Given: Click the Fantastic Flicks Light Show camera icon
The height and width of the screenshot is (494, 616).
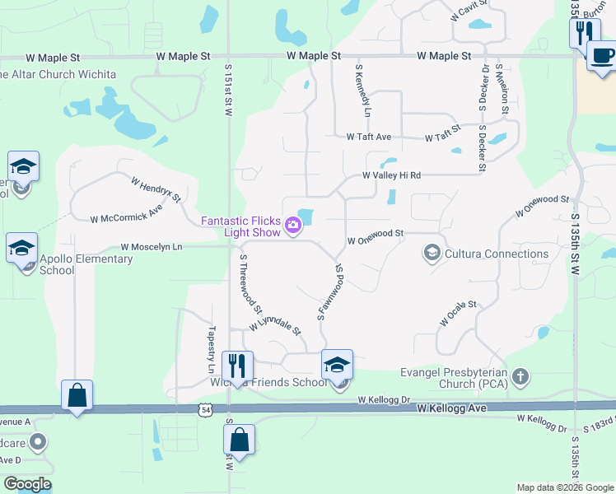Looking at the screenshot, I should [292, 225].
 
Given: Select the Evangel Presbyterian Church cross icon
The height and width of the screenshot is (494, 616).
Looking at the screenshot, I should [520, 377].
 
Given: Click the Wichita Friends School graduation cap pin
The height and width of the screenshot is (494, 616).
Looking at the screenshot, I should [337, 365].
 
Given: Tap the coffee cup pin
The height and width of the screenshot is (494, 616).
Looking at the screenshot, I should [601, 56].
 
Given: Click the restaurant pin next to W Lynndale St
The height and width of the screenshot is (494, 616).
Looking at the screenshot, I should [238, 366].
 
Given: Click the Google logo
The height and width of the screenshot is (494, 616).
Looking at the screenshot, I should [27, 484].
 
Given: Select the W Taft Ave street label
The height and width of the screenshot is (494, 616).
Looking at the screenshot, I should [368, 137].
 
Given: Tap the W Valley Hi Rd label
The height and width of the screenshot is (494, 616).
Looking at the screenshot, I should [392, 175].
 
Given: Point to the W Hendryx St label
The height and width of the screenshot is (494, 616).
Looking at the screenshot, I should [155, 189].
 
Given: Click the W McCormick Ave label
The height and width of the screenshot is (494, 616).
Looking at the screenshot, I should [127, 218].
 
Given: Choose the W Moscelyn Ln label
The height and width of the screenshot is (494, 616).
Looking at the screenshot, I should [151, 246].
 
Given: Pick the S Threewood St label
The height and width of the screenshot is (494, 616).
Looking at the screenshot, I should [250, 285].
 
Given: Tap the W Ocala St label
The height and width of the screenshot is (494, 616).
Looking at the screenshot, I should [458, 314].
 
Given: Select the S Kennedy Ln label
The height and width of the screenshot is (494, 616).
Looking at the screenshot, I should [363, 90].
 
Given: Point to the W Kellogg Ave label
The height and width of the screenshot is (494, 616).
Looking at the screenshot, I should [451, 408].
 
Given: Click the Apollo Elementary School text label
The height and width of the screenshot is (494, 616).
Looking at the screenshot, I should [86, 264].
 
